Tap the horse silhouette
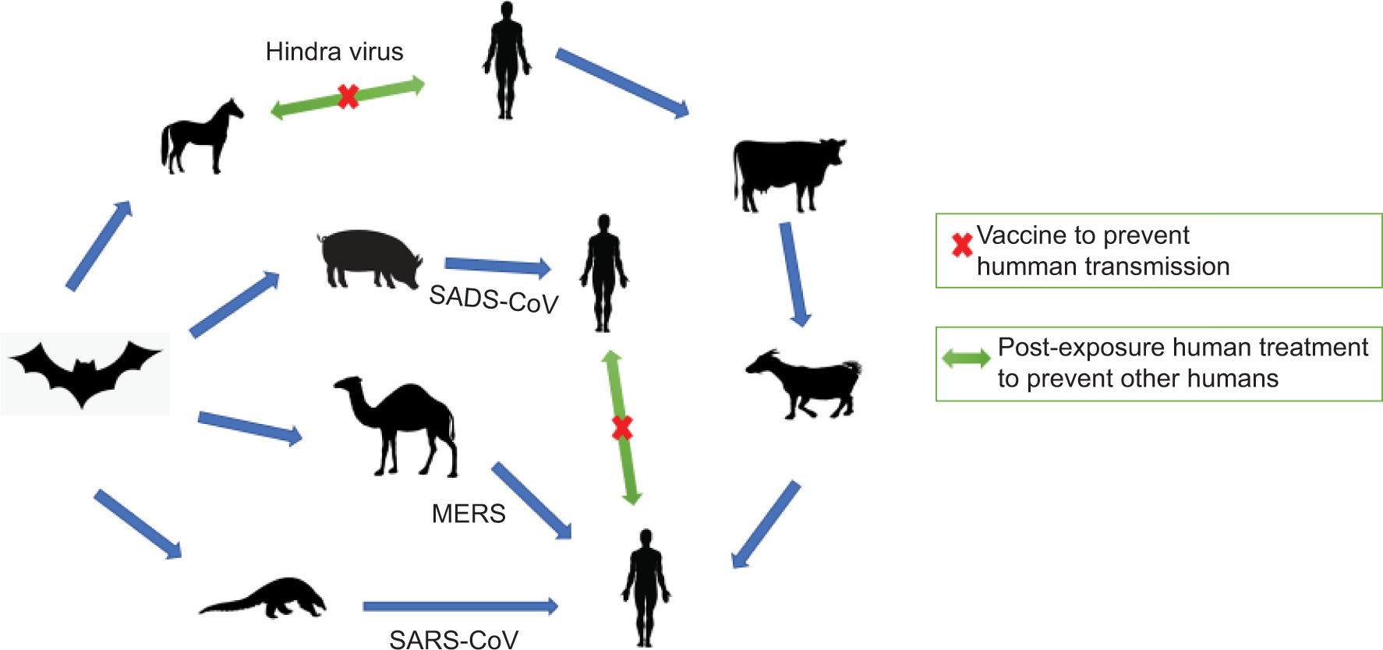[x=201, y=137]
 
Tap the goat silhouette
[x=807, y=382]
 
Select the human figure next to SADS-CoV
[x=603, y=273]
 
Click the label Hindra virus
[x=334, y=51]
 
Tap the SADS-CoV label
[x=493, y=299]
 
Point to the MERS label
[x=469, y=514]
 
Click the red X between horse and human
[x=348, y=97]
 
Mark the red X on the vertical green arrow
[x=622, y=427]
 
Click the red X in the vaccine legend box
[x=962, y=246]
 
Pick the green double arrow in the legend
[x=966, y=359]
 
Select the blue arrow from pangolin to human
[x=460, y=606]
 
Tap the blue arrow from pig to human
[x=497, y=267]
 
